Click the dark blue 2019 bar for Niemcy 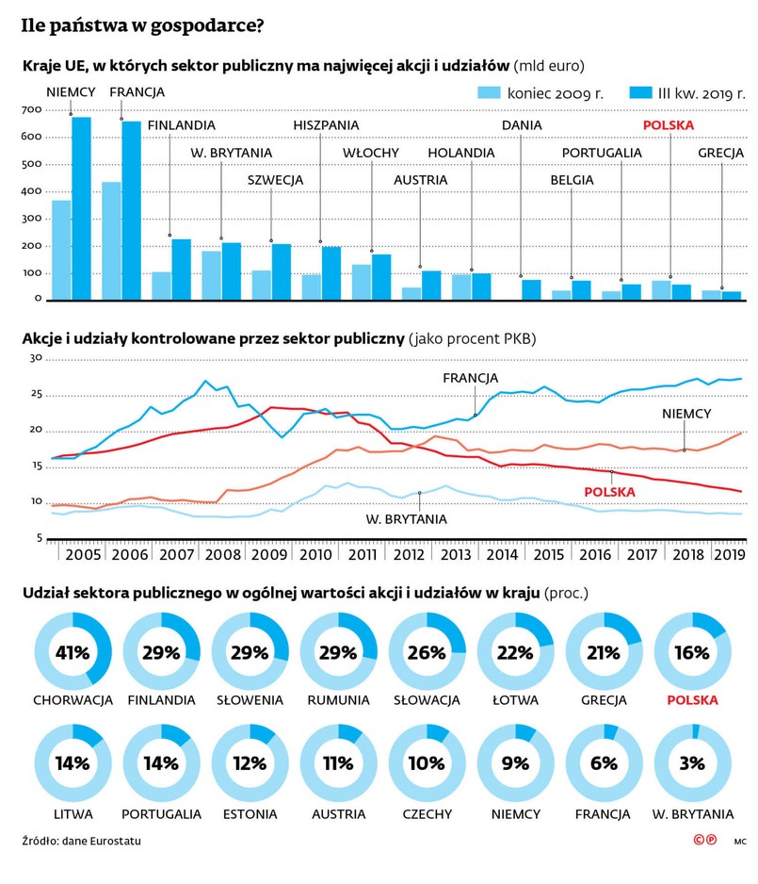81,208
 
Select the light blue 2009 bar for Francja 111,241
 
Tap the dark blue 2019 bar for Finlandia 181,270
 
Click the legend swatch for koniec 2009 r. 490,93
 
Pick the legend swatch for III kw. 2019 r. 616,93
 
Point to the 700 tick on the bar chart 31,110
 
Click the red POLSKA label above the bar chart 668,124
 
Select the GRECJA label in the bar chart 721,153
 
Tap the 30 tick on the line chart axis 37,359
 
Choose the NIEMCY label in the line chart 685,413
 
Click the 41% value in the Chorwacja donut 73,653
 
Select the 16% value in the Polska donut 692,653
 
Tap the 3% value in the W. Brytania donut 692,762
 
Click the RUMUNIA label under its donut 338,700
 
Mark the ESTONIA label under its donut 250,813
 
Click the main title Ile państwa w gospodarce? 142,26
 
